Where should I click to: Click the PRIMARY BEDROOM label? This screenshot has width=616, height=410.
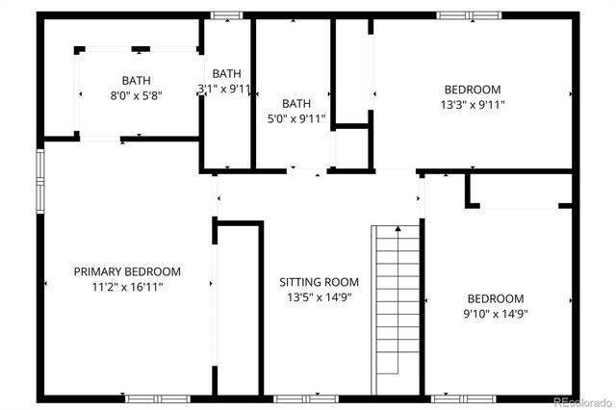click(x=127, y=271)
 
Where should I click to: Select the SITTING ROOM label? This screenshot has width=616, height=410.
click(x=319, y=282)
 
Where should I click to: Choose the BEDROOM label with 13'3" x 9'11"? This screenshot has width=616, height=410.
click(x=472, y=90)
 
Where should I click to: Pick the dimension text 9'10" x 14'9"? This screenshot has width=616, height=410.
click(x=496, y=313)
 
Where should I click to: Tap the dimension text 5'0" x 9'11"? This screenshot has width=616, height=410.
click(x=296, y=118)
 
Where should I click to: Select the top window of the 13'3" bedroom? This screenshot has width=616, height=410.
click(x=469, y=14)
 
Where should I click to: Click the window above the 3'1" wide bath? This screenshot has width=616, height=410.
click(x=227, y=14)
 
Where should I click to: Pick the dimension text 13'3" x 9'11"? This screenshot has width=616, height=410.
click(x=472, y=104)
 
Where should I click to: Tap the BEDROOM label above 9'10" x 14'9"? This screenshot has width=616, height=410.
click(x=496, y=298)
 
